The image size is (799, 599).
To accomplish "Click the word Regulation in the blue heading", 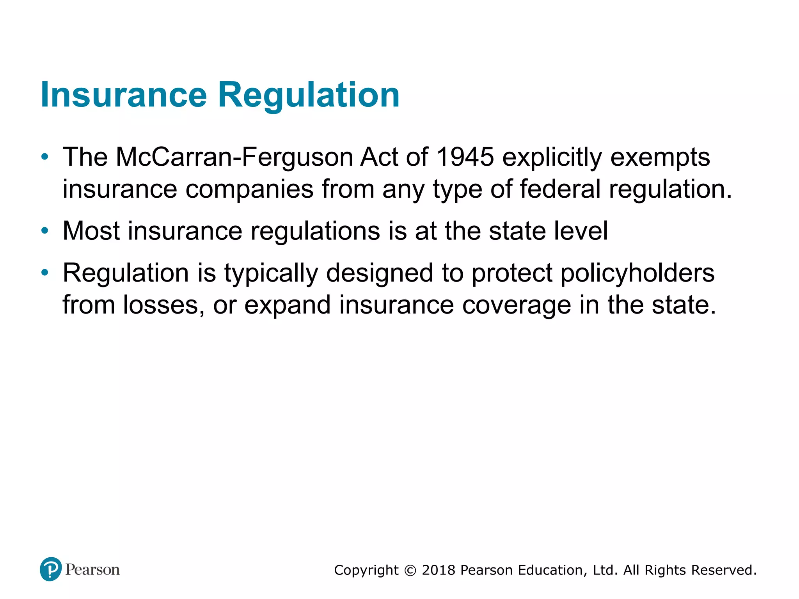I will coord(309,95).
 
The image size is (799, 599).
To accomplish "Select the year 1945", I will coord(465,157).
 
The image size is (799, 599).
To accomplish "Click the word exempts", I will coord(660,158).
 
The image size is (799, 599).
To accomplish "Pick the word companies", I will coord(249,190).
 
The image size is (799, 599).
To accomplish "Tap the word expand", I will coord(288,305).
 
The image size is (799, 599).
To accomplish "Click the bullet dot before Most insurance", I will coord(45,231).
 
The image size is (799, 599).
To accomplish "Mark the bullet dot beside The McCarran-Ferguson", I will coord(45,157).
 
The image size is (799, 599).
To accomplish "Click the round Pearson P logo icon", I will coord(51,569).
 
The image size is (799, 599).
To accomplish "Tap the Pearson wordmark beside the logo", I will coord(92,570).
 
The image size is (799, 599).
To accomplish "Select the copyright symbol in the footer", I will coord(410,571).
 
